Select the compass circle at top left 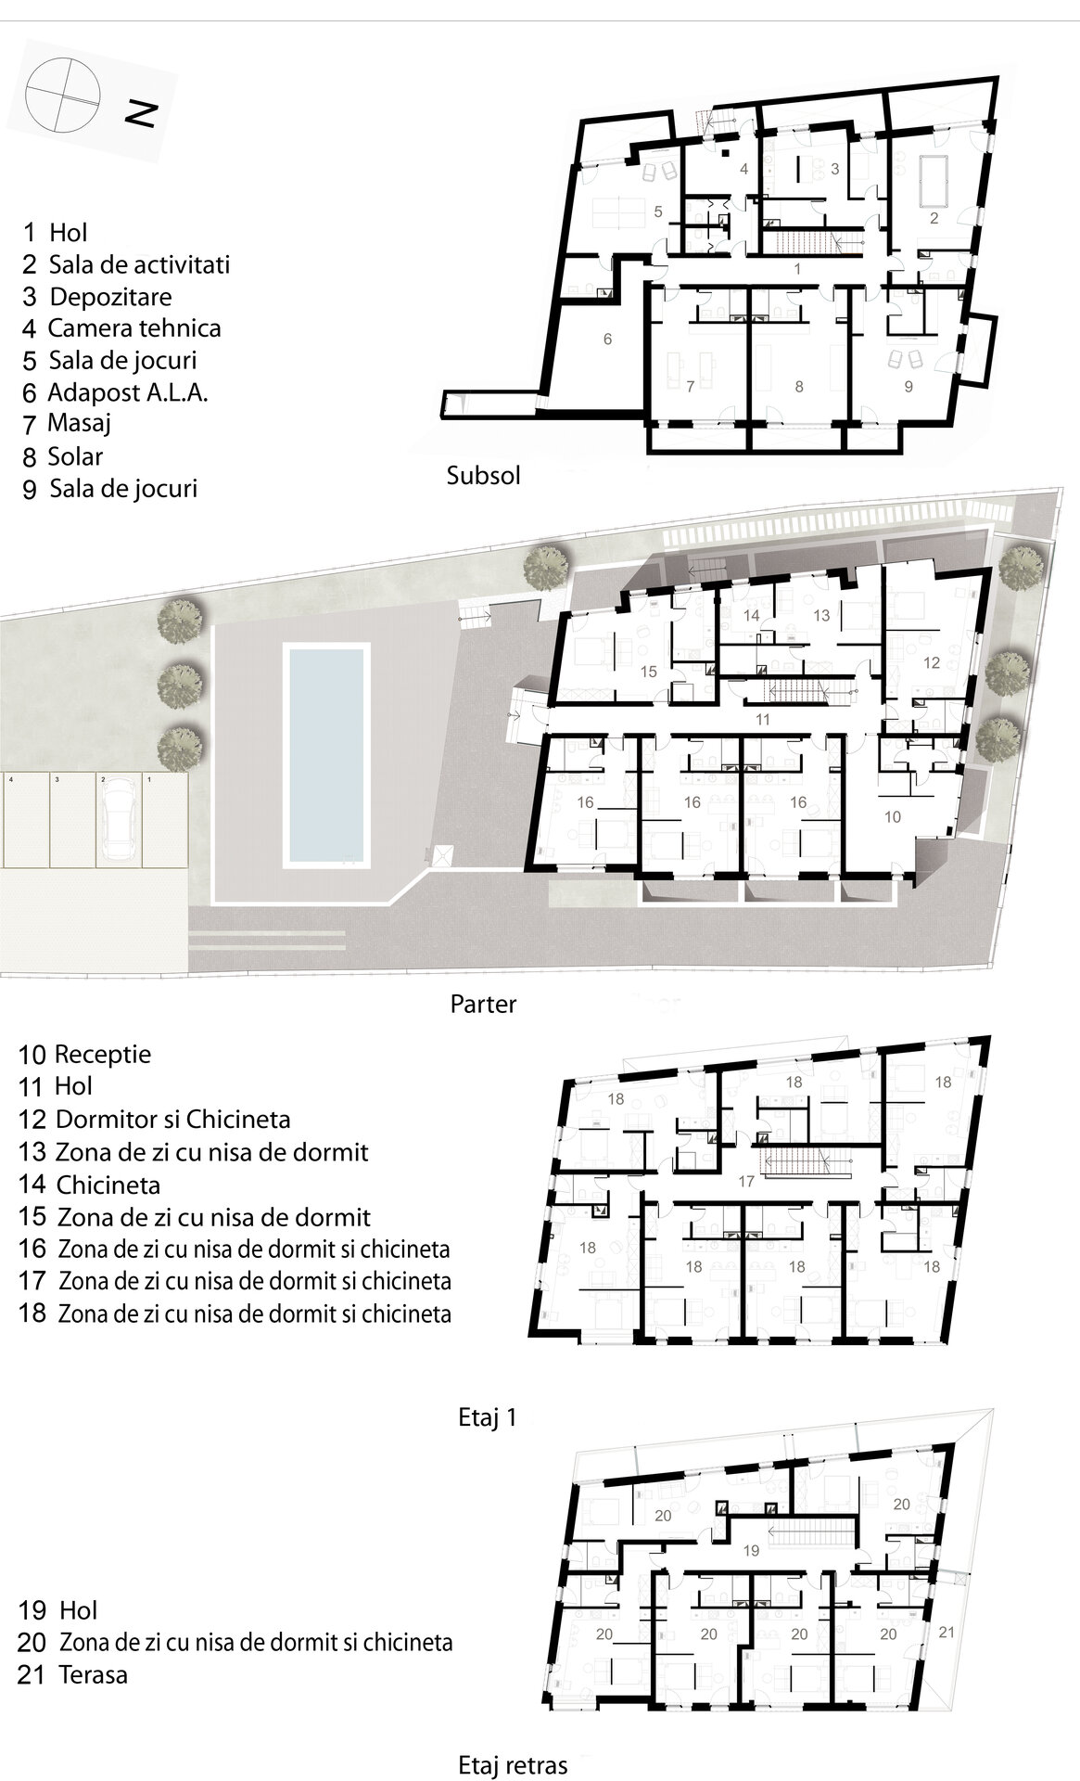[62, 98]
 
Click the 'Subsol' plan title [483, 476]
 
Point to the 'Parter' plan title [483, 1004]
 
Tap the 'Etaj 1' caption [487, 1418]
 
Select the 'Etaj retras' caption [513, 1764]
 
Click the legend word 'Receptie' [103, 1055]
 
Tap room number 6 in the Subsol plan [607, 340]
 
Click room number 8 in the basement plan [799, 387]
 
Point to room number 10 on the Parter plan [893, 817]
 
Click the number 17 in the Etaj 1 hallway [746, 1182]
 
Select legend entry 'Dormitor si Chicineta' [173, 1120]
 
